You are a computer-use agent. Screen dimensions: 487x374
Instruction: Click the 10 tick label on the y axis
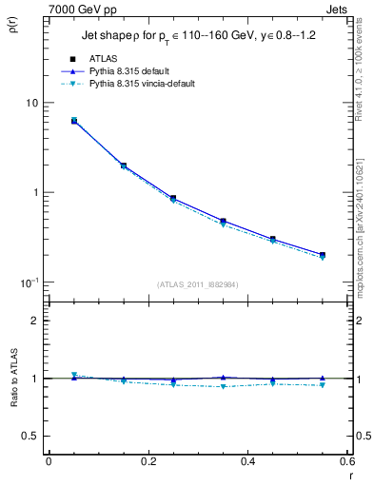point(31,103)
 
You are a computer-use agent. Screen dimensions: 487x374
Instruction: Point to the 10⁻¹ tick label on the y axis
point(29,282)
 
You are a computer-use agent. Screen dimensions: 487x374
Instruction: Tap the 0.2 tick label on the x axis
point(148,461)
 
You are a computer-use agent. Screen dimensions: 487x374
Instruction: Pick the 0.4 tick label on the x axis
point(248,461)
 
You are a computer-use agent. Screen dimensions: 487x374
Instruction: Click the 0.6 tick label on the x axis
point(347,461)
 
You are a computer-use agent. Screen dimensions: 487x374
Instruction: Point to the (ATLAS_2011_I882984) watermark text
point(197,284)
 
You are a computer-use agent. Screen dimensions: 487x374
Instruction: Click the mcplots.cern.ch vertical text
point(364,228)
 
